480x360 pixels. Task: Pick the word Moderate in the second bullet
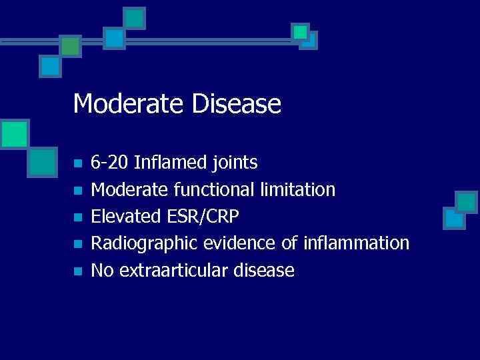[x=130, y=190]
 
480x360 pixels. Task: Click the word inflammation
[x=356, y=243]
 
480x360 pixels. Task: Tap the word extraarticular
[x=177, y=270]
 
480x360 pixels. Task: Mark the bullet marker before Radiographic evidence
[x=77, y=245]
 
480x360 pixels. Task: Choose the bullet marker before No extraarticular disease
[x=77, y=271]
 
